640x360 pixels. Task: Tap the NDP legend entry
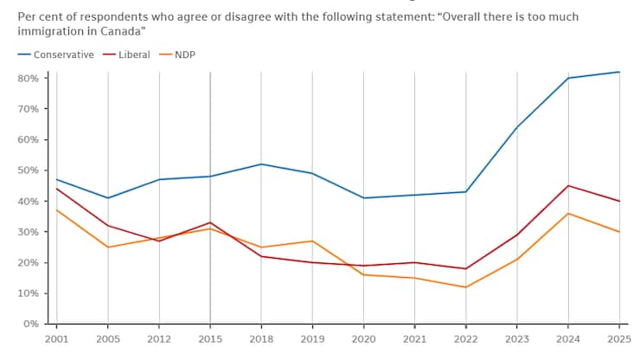pyautogui.click(x=184, y=55)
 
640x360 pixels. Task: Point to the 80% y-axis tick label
pyautogui.click(x=28, y=78)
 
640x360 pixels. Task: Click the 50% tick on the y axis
pyautogui.click(x=28, y=170)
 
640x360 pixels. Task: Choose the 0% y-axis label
pyautogui.click(x=30, y=324)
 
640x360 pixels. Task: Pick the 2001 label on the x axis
pyautogui.click(x=56, y=339)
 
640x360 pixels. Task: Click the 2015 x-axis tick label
pyautogui.click(x=210, y=339)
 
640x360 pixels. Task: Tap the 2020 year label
pyautogui.click(x=363, y=339)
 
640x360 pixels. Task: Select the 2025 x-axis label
pyautogui.click(x=619, y=339)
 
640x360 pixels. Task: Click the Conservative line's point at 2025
pyautogui.click(x=619, y=72)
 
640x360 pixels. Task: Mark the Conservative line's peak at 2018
pyautogui.click(x=261, y=164)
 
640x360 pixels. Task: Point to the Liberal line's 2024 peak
pyautogui.click(x=568, y=185)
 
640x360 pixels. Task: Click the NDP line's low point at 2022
pyautogui.click(x=466, y=287)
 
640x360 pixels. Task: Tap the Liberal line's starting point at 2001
pyautogui.click(x=56, y=189)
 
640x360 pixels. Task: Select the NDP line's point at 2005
pyautogui.click(x=107, y=247)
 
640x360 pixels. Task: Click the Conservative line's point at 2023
pyautogui.click(x=517, y=127)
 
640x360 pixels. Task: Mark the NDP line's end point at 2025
pyautogui.click(x=619, y=232)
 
